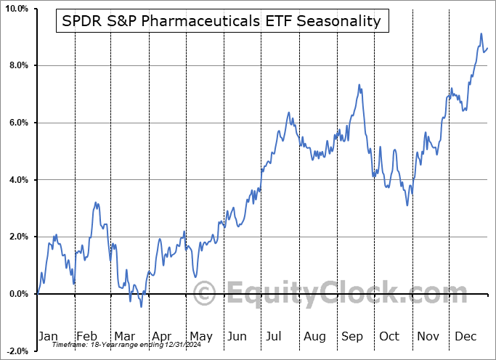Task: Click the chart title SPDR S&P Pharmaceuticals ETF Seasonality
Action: click(x=222, y=20)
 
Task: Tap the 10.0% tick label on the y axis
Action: click(x=16, y=9)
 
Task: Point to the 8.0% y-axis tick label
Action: click(x=17, y=65)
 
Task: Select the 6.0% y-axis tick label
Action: click(x=17, y=123)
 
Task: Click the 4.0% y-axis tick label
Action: click(x=17, y=179)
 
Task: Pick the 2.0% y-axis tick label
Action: click(x=17, y=237)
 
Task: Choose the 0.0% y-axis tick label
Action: click(x=17, y=293)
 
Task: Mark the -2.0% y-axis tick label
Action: click(x=16, y=351)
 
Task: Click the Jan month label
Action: click(x=48, y=336)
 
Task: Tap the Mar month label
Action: click(x=123, y=336)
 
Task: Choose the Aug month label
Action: click(x=314, y=336)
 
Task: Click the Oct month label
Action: click(x=390, y=336)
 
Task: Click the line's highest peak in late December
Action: click(x=481, y=33)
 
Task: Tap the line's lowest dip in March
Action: click(x=142, y=306)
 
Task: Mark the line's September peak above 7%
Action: click(x=359, y=85)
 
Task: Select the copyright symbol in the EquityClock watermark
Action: click(x=206, y=294)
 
